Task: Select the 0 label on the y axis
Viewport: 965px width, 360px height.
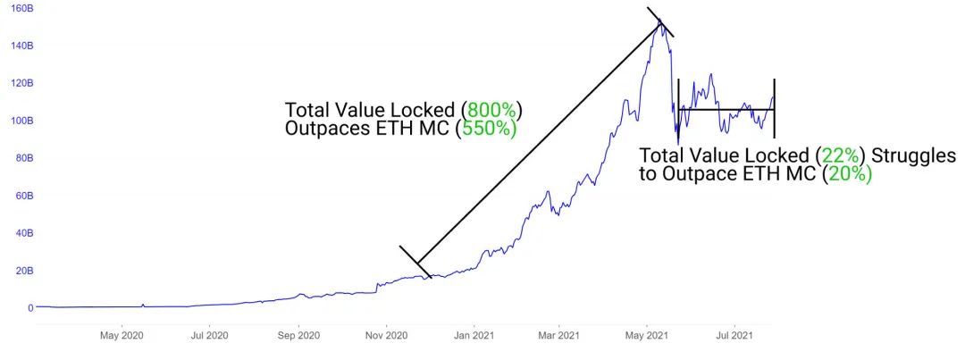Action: pyautogui.click(x=30, y=308)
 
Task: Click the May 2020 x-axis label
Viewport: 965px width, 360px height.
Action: pyautogui.click(x=122, y=336)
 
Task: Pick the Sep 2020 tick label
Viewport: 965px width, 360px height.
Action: pyautogui.click(x=298, y=336)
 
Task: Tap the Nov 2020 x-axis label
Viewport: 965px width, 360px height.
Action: pyautogui.click(x=386, y=336)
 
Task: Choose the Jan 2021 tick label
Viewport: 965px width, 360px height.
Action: pyautogui.click(x=474, y=336)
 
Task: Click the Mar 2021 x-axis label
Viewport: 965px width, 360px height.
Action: pyautogui.click(x=558, y=336)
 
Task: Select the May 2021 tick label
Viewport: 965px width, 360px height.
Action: pyautogui.click(x=647, y=336)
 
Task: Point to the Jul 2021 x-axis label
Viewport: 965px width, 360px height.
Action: pyautogui.click(x=734, y=336)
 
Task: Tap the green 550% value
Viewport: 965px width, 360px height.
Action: pyautogui.click(x=487, y=129)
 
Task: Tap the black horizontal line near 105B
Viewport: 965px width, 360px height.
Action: pyautogui.click(x=728, y=110)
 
